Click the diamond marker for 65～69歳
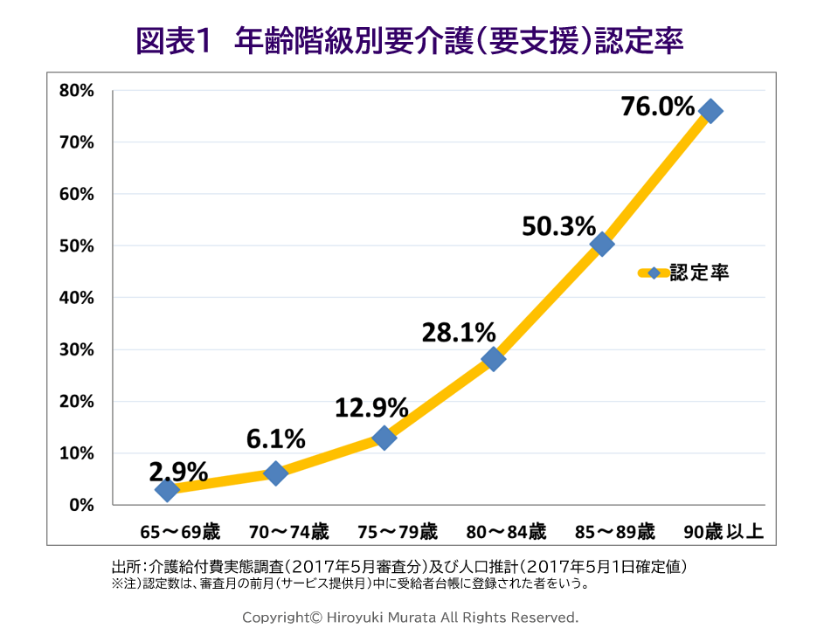(167, 490)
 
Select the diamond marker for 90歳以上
(710, 111)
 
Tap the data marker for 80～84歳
(493, 359)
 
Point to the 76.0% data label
(657, 107)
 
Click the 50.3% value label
(558, 226)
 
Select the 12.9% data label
(371, 407)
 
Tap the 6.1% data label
(275, 438)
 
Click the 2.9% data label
(178, 473)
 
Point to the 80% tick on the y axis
(76, 91)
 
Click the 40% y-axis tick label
(76, 298)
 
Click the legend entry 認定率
(698, 273)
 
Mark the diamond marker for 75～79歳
(384, 438)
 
